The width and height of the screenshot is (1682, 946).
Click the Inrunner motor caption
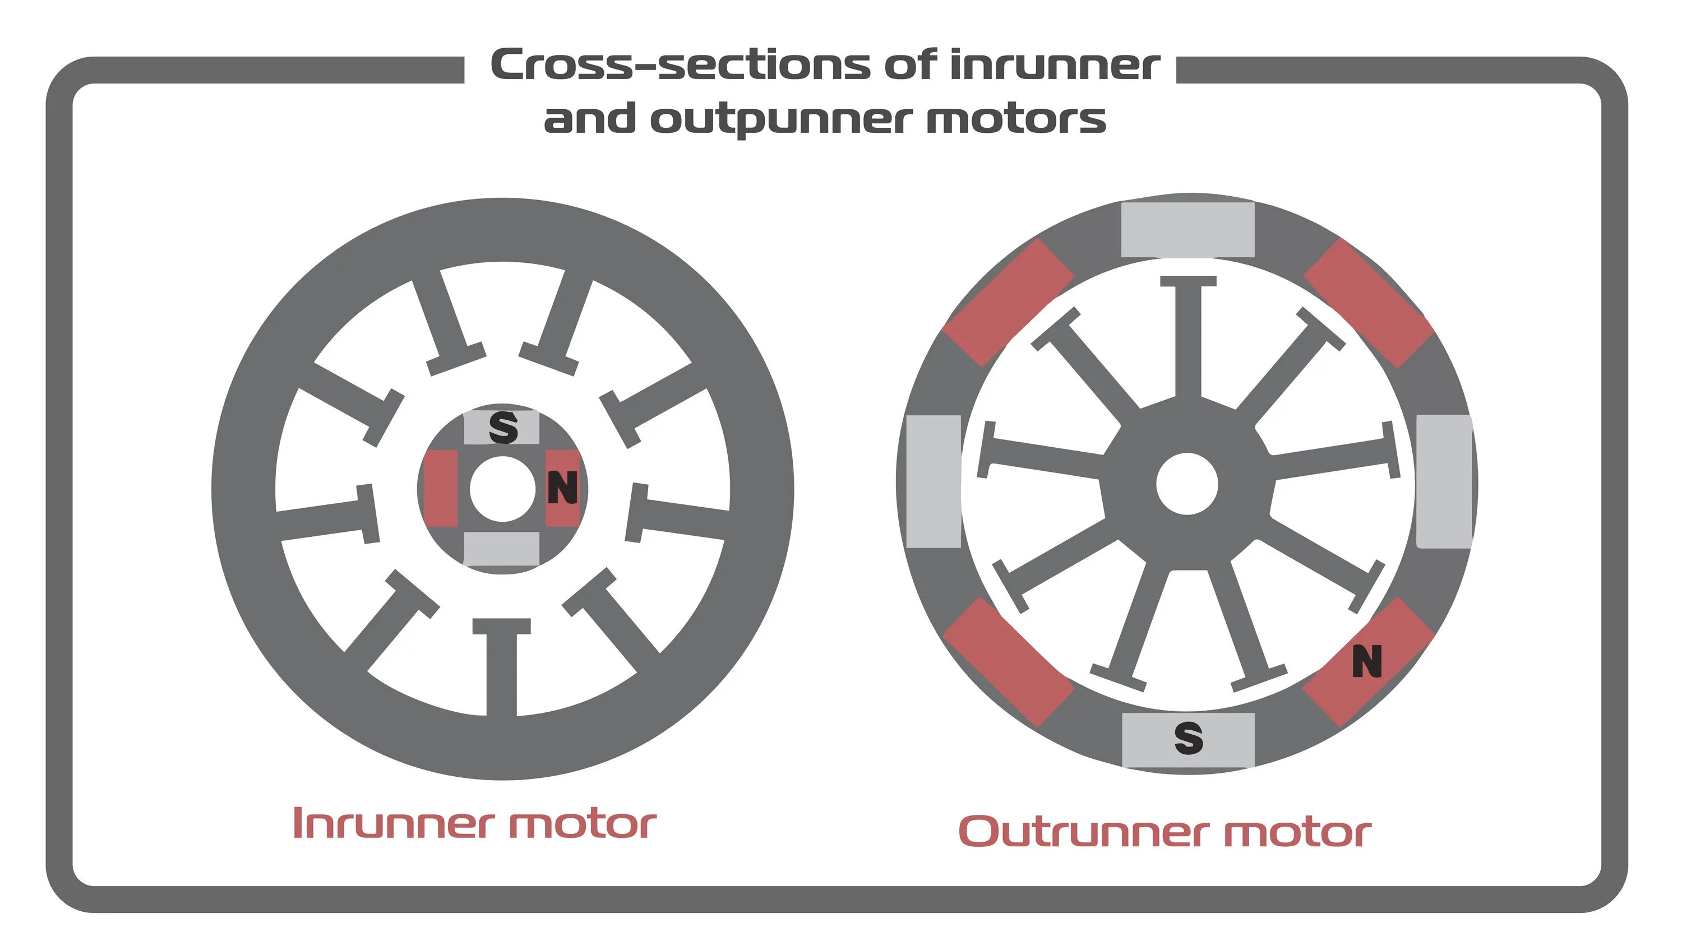click(475, 824)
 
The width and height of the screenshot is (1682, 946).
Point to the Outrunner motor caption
click(1164, 832)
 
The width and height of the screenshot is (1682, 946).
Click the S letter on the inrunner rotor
click(503, 428)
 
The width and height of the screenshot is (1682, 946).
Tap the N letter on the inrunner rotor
click(562, 488)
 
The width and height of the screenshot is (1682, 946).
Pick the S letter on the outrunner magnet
click(1189, 739)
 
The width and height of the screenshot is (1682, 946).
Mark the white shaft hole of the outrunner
click(1187, 484)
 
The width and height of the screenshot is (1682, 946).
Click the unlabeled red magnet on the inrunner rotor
click(441, 488)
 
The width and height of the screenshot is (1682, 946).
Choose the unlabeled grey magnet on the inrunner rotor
click(501, 549)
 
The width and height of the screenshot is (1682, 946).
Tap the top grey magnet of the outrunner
click(1187, 230)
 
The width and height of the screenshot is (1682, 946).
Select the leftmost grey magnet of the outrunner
click(934, 482)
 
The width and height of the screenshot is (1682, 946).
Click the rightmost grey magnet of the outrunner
click(1443, 482)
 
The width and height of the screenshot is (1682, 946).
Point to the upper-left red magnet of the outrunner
click(1008, 302)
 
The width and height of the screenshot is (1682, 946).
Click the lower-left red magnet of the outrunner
click(1008, 661)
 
